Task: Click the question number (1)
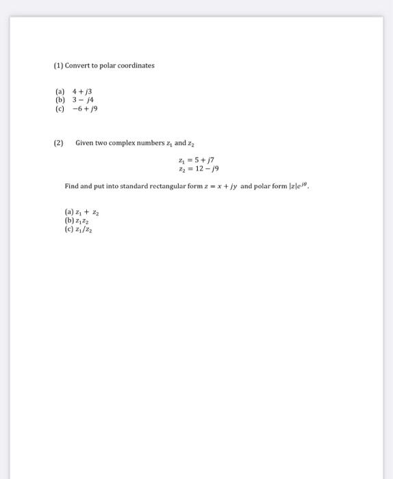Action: [x=58, y=66]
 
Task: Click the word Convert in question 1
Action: [x=77, y=66]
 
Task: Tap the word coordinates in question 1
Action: [x=137, y=66]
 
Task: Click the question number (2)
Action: [x=58, y=143]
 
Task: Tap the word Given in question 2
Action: [x=84, y=143]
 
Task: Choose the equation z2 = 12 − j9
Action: [x=198, y=168]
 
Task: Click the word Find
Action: [x=71, y=185]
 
